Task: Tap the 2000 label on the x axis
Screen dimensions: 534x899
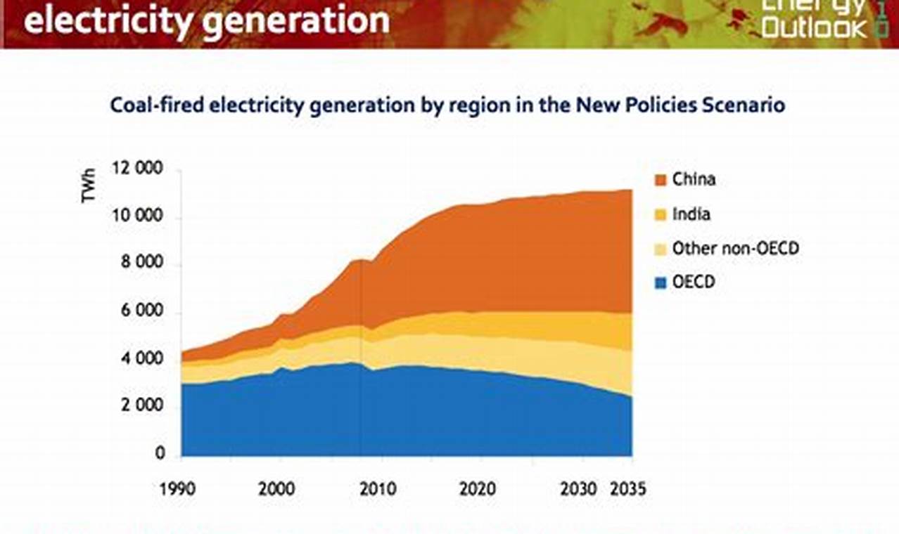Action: coord(276,488)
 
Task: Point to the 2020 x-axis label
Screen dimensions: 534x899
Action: coord(477,488)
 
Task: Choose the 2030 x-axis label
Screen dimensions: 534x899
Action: coord(578,488)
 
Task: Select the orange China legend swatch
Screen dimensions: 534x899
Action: coord(661,181)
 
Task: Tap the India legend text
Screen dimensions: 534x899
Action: coord(691,214)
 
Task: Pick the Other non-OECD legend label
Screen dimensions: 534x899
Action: coord(735,248)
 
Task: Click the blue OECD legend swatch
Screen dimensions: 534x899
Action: coord(661,283)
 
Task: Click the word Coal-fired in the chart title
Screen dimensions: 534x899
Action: coord(156,106)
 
